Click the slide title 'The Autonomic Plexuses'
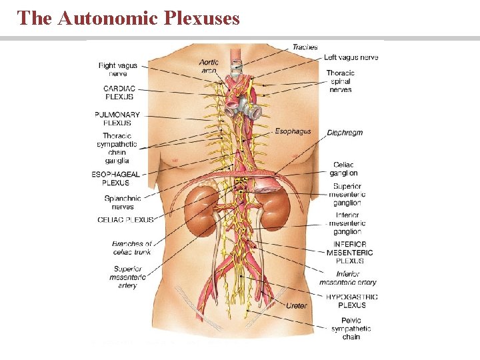tap(129, 18)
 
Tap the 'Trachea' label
tap(305, 47)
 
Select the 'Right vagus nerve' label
tap(117, 70)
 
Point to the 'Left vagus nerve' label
tap(351, 58)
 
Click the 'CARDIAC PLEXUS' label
tap(119, 93)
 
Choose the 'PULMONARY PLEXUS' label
tap(117, 119)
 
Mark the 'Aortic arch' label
tap(209, 66)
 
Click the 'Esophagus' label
tap(293, 132)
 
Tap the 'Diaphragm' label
tap(345, 133)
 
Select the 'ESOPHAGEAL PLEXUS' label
tap(116, 178)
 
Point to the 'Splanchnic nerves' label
tap(123, 202)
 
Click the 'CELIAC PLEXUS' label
tap(125, 219)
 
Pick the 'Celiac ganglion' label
tap(344, 169)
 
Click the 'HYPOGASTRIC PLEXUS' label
tap(351, 301)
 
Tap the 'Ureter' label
tap(297, 306)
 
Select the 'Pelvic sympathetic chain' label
tap(351, 329)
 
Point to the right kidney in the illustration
tap(201, 211)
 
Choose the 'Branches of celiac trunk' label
tap(132, 248)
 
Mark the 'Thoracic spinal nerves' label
tap(340, 81)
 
